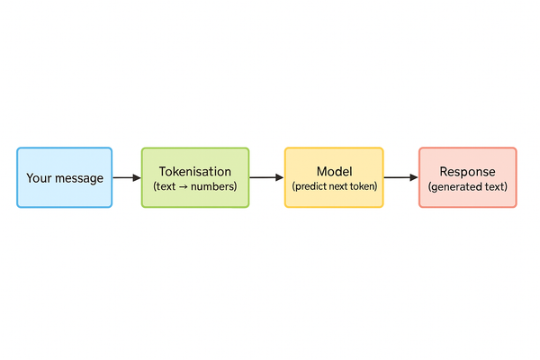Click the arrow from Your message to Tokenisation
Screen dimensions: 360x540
click(x=127, y=178)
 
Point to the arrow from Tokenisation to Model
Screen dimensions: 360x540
click(x=266, y=178)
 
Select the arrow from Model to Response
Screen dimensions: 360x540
click(x=400, y=178)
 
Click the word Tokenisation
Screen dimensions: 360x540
click(x=195, y=171)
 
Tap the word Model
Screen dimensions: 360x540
click(x=334, y=171)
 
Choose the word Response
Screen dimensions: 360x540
click(x=467, y=171)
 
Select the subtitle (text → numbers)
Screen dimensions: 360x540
click(x=195, y=186)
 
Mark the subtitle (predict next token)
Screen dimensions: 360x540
click(x=334, y=186)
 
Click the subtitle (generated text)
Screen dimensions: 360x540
click(x=467, y=186)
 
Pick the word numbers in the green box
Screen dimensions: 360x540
click(x=215, y=186)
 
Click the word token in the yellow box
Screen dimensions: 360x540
click(x=360, y=186)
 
